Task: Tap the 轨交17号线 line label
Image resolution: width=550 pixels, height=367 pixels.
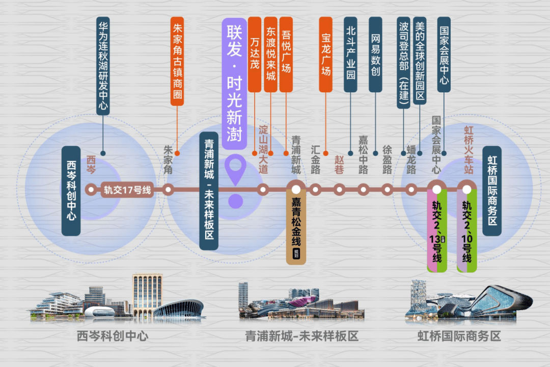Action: click(x=128, y=190)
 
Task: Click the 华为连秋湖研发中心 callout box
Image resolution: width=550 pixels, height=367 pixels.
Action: click(x=103, y=65)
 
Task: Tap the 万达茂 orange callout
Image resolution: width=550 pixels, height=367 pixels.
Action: click(x=255, y=54)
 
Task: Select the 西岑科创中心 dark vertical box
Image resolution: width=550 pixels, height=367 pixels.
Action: click(x=71, y=191)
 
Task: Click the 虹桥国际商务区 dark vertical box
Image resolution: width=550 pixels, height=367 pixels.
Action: click(x=492, y=191)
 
